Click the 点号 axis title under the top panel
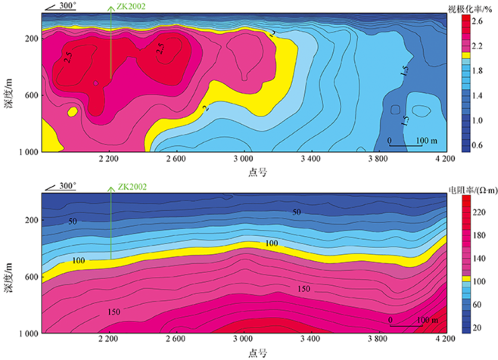click(x=256, y=172)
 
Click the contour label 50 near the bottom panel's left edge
click(x=73, y=221)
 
